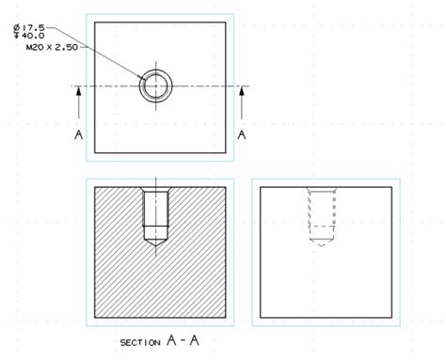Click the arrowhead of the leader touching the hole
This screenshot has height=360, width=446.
click(143, 80)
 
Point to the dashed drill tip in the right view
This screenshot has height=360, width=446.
click(323, 239)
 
